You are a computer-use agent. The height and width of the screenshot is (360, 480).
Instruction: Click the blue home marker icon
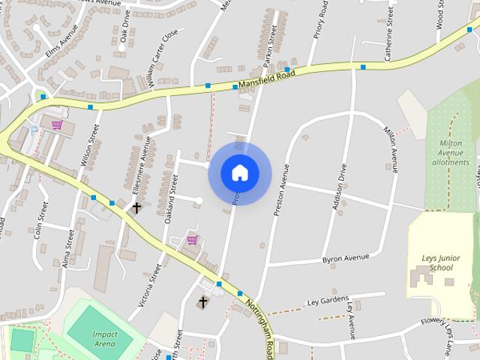239,172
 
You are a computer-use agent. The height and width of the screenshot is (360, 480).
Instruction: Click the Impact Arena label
105,338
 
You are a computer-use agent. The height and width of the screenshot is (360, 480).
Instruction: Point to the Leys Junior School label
432,262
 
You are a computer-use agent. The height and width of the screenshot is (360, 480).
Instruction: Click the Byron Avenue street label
346,258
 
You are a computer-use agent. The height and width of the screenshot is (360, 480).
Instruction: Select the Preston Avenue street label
281,190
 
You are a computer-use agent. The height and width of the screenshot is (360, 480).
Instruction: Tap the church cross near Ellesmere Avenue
136,206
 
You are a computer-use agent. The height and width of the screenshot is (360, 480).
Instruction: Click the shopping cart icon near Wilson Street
56,124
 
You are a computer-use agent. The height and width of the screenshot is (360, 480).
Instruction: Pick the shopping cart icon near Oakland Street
192,239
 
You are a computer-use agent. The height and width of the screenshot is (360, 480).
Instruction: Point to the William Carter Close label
163,59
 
